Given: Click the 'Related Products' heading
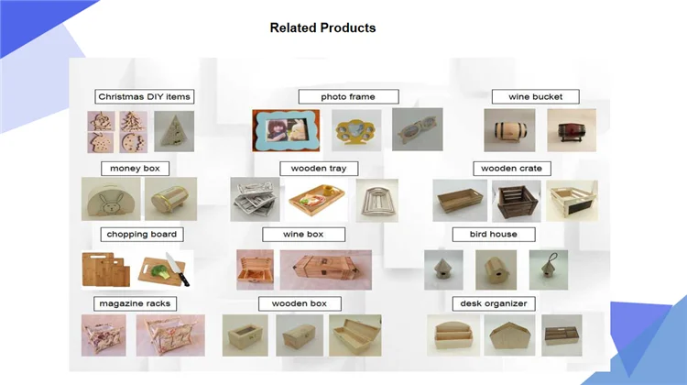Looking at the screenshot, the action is [322, 27].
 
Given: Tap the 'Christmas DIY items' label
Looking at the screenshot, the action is [145, 96].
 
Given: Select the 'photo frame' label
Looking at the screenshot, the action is [336, 96].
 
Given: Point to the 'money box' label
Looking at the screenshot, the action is [135, 169].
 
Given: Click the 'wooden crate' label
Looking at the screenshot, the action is [511, 169].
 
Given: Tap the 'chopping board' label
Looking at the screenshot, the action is [141, 235].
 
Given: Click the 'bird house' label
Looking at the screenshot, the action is [493, 235].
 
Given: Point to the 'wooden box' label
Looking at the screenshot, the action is [306, 303].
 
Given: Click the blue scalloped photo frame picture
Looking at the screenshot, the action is [287, 130].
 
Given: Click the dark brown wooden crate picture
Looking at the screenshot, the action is [513, 201].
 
